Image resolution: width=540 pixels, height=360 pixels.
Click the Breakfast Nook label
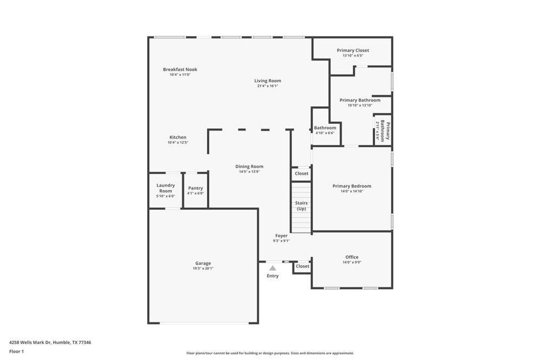[180, 70]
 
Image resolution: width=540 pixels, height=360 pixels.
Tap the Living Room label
[267, 81]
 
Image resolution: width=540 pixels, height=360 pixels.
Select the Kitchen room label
[178, 138]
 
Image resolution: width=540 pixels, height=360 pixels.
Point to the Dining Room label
[249, 167]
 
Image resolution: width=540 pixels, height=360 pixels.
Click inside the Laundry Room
[166, 190]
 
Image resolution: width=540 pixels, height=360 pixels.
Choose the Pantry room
[195, 190]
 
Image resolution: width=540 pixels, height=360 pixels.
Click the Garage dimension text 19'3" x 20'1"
[203, 268]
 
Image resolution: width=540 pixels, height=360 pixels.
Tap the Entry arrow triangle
[273, 268]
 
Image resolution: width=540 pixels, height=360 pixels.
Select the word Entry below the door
[273, 276]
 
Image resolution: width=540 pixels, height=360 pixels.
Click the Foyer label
[281, 236]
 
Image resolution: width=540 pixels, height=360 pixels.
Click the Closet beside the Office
[302, 267]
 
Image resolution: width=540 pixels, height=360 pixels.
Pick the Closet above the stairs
[301, 173]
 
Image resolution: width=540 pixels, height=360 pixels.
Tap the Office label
[352, 257]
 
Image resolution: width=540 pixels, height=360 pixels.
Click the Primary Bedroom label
[352, 186]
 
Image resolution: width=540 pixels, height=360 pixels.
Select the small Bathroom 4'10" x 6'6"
[325, 130]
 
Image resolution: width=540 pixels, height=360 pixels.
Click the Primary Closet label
[353, 51]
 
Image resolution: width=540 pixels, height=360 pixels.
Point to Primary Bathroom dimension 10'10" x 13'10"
[360, 105]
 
